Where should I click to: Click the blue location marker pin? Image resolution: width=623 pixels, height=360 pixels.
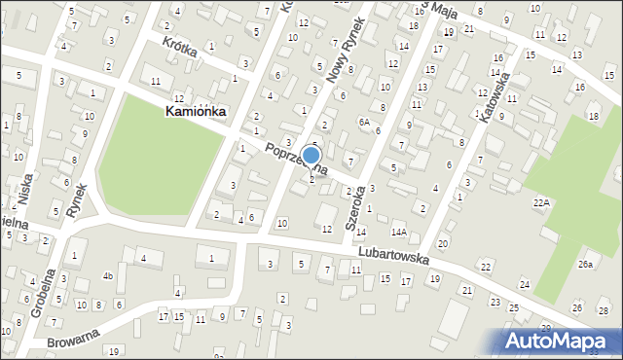tap(311, 156)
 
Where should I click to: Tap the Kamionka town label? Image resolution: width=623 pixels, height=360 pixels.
tap(196, 112)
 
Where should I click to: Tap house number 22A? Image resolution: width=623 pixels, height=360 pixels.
tap(541, 201)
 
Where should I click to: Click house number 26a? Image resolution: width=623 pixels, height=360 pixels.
tap(585, 264)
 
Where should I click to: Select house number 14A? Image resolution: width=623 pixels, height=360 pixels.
tap(398, 232)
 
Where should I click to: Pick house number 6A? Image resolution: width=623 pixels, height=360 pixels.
tap(363, 122)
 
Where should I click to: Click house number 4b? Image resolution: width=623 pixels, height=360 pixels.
tap(109, 275)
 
